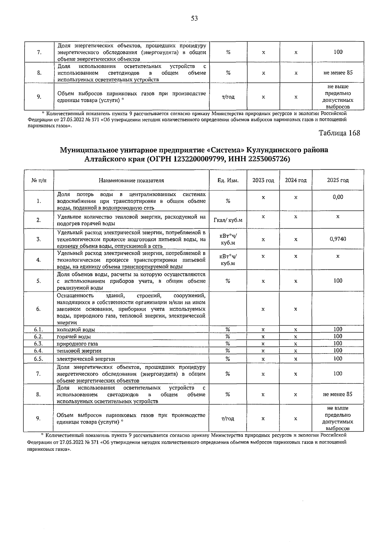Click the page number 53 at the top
click(x=194, y=18)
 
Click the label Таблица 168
click(x=339, y=133)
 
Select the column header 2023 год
click(x=263, y=180)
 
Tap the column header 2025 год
click(x=338, y=180)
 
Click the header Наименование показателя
click(x=131, y=181)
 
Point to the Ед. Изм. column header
click(x=228, y=181)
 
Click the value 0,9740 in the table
click(x=338, y=239)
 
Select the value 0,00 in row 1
click(x=338, y=197)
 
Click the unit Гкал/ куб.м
click(x=228, y=221)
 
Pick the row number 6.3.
click(x=39, y=343)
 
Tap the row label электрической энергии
click(x=86, y=359)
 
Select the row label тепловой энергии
click(x=79, y=351)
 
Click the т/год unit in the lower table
click(x=228, y=419)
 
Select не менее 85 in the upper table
click(x=338, y=73)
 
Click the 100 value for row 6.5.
click(x=338, y=358)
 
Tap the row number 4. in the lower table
click(x=39, y=260)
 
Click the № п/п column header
click(x=39, y=181)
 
